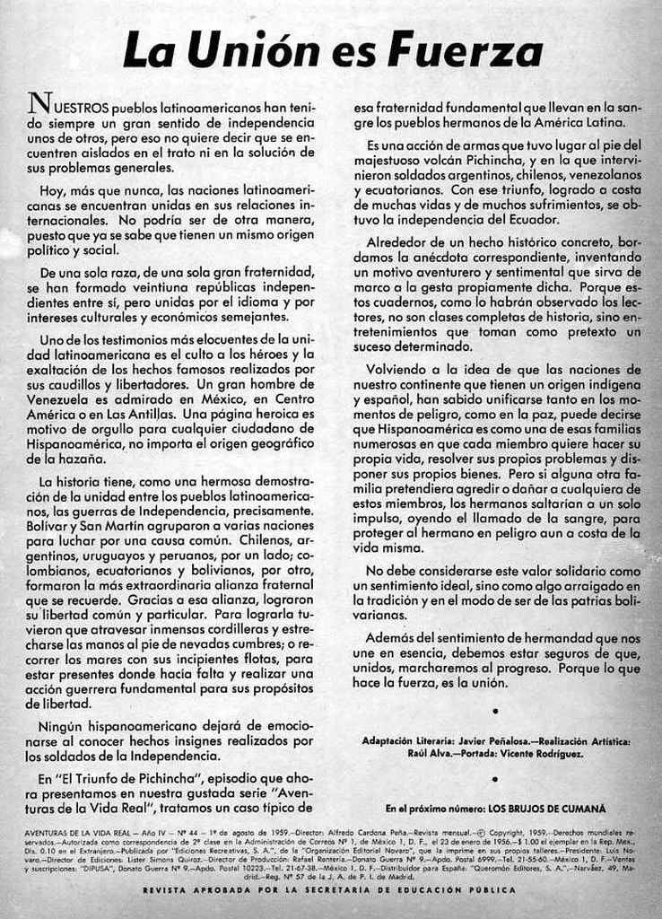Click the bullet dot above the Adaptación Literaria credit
[496, 711]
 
